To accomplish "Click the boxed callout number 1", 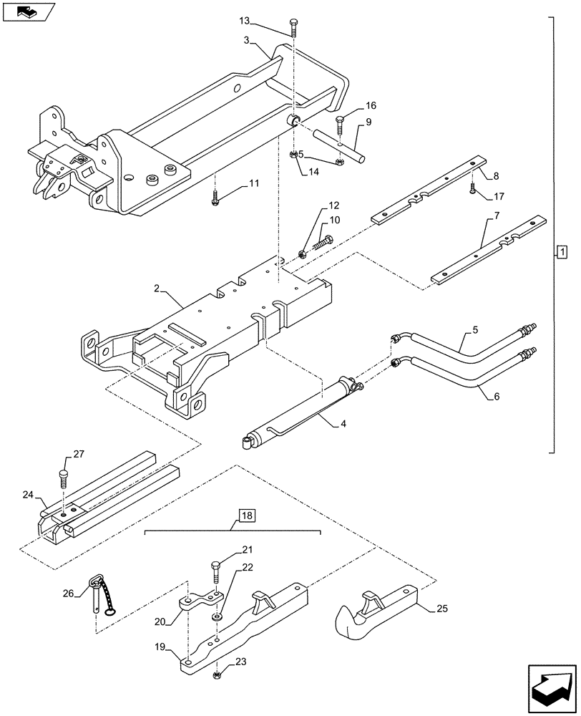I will click(x=562, y=251).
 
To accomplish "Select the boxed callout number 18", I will click(x=246, y=516).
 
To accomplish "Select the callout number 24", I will click(x=28, y=494).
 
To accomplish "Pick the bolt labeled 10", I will click(x=323, y=246).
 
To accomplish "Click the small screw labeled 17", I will click(x=473, y=188).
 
